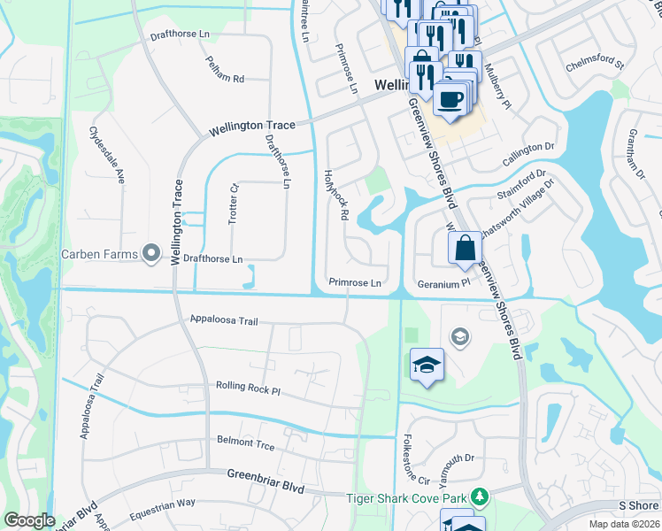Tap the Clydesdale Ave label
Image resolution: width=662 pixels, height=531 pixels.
106,155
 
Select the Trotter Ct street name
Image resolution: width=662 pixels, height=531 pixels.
235,204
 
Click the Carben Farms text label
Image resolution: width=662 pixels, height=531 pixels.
99,255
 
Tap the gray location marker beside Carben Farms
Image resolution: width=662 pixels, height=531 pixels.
151,255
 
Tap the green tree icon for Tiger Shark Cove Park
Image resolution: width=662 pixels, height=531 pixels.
480,497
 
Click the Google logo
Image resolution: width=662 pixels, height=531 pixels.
29,520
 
